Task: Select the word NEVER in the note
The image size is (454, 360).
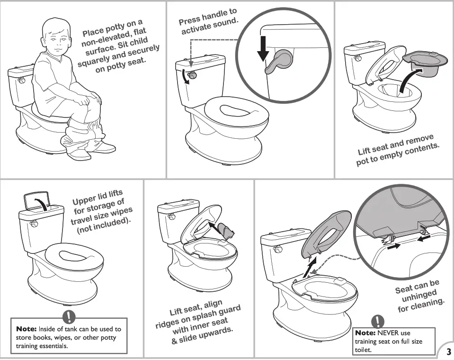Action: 388,333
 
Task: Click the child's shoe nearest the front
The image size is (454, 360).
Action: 78,155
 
